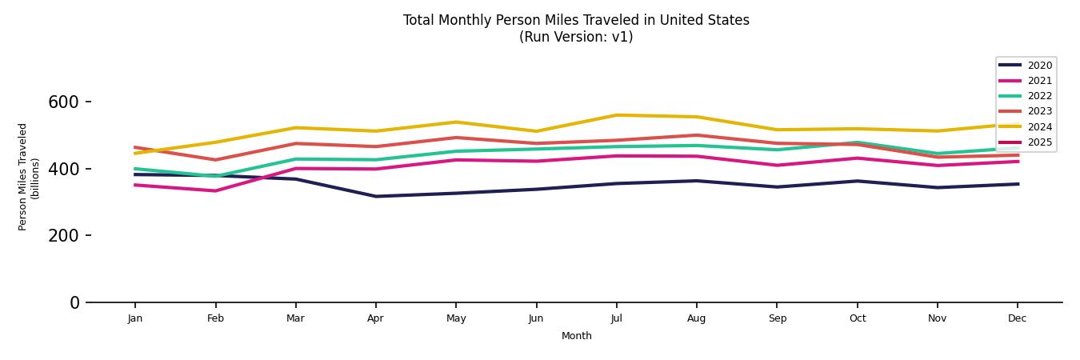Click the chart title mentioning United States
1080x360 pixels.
point(576,20)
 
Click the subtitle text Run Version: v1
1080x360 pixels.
point(576,37)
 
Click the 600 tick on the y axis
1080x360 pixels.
point(63,102)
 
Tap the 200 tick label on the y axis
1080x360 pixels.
point(63,236)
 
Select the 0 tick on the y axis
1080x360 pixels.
point(74,302)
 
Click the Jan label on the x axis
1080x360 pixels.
point(135,318)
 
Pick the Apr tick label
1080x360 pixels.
point(375,318)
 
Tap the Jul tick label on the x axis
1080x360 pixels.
point(616,318)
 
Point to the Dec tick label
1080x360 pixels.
point(1017,318)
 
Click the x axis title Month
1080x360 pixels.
point(576,336)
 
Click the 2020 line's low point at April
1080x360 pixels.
point(375,196)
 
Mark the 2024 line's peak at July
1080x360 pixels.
point(616,115)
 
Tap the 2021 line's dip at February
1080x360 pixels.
point(215,190)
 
